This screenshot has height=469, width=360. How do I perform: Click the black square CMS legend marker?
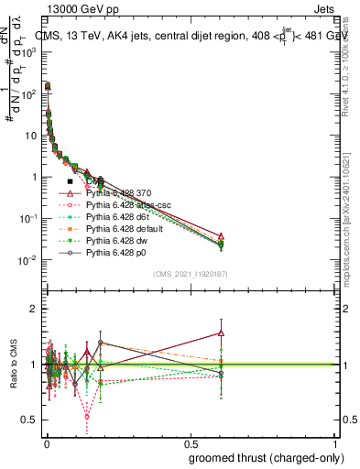[x=71, y=181]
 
